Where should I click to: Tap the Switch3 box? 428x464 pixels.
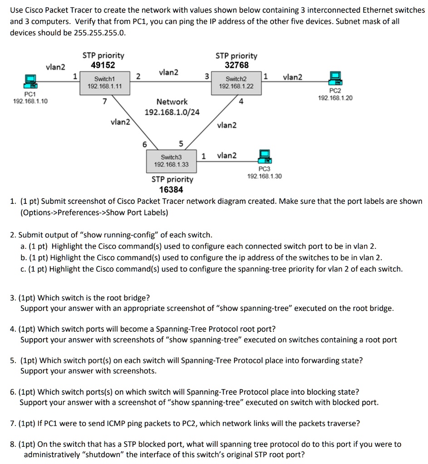point(172,160)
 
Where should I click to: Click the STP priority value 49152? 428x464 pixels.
point(103,65)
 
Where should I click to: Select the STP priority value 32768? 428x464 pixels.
point(236,65)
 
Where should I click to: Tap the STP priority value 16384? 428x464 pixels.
point(172,189)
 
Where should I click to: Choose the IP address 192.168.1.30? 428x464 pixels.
point(264,176)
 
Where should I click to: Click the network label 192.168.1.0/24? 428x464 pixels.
point(172,112)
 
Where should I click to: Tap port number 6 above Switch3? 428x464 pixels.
point(144,145)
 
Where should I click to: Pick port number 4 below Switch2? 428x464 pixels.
point(241,101)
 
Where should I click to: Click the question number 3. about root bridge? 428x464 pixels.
point(14,298)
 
